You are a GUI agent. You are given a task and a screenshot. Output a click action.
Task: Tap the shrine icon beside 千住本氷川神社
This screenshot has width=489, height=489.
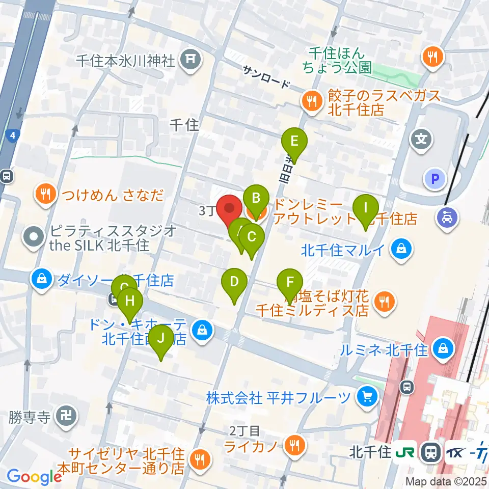(189, 61)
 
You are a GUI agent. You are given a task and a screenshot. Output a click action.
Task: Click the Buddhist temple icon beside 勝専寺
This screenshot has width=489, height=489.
(67, 417)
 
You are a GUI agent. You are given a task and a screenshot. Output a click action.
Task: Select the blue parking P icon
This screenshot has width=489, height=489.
(436, 179)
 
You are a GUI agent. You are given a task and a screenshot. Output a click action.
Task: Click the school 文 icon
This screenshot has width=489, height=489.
(422, 138)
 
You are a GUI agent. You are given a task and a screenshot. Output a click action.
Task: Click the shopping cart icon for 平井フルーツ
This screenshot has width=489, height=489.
(365, 397)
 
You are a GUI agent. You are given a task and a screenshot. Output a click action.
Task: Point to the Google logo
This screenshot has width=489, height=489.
(34, 476)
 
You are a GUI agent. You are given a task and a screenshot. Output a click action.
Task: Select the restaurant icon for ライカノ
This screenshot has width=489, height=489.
(294, 446)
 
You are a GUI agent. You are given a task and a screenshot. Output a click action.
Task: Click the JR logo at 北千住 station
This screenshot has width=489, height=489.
(406, 451)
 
